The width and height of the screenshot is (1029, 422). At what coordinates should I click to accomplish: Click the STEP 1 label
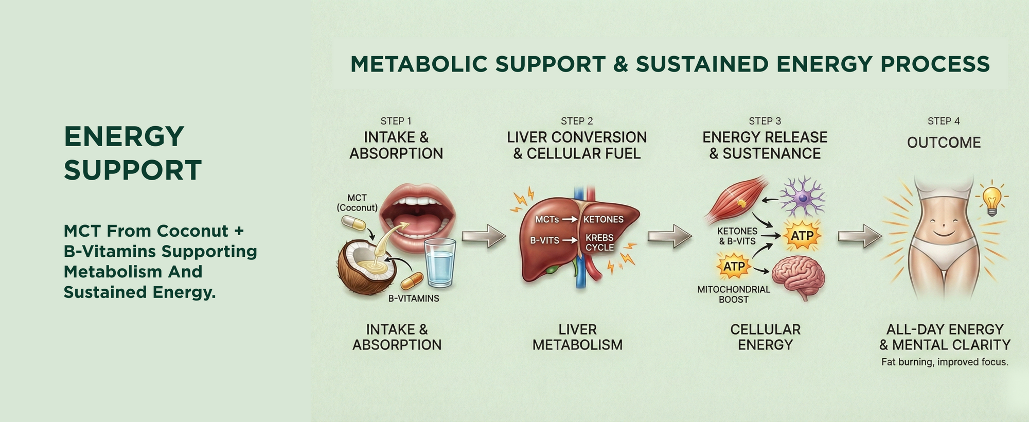[x=396, y=121]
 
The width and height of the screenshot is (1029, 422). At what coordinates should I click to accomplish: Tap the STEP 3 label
[x=765, y=121]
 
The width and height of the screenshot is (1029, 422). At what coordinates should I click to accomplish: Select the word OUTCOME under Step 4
[x=944, y=143]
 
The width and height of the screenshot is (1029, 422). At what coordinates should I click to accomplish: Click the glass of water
[x=440, y=262]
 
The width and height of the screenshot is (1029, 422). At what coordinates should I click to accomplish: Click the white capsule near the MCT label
[x=353, y=223]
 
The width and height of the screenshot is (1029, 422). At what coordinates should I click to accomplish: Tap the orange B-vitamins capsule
[x=412, y=280]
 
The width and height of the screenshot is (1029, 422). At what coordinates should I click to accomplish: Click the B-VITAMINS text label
[x=413, y=298]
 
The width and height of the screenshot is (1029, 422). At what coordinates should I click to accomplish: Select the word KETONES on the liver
[x=603, y=219]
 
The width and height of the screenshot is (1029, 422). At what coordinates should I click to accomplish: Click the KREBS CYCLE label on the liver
[x=600, y=242]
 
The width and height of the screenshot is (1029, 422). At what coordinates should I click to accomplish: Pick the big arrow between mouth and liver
[x=484, y=236]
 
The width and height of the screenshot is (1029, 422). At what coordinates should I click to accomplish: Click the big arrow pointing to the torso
[x=860, y=236]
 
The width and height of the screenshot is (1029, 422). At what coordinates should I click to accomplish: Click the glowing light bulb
[x=991, y=199]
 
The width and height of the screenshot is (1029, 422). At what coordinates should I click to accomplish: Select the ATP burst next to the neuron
[x=802, y=236]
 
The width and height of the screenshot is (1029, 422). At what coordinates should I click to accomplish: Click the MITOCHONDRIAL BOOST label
[x=734, y=294]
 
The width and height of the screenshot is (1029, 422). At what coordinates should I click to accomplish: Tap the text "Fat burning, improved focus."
[x=945, y=362]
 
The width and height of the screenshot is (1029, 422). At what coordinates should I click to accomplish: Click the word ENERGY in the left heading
[x=124, y=136]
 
